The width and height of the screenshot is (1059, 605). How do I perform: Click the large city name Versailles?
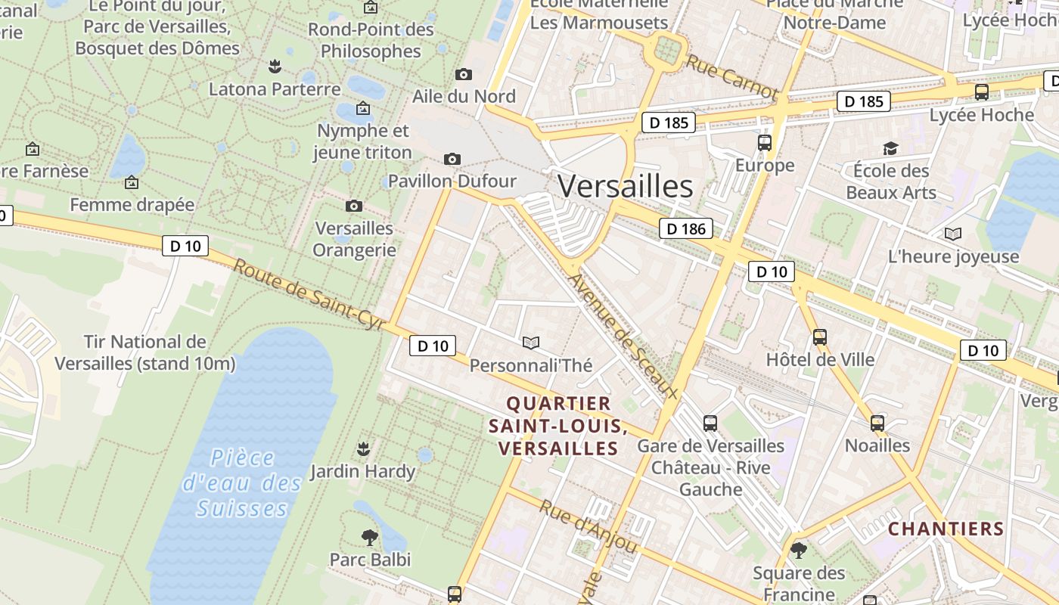click(x=625, y=186)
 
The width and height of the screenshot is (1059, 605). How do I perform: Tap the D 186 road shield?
click(x=686, y=228)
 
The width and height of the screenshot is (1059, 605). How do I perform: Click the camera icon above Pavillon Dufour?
click(x=452, y=159)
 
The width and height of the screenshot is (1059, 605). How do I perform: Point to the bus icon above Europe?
click(x=765, y=143)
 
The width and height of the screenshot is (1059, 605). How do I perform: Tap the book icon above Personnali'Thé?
click(x=531, y=343)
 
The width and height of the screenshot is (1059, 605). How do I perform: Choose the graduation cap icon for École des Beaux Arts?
click(x=890, y=148)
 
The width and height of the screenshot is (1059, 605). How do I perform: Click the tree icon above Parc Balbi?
click(x=370, y=538)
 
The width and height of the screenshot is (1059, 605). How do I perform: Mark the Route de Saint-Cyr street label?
click(x=309, y=295)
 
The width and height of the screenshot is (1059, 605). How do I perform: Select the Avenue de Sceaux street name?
click(x=622, y=335)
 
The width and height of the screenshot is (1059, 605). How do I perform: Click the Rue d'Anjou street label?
click(x=588, y=526)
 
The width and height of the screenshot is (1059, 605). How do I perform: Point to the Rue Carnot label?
click(x=731, y=76)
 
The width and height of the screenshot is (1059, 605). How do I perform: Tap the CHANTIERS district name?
click(x=946, y=529)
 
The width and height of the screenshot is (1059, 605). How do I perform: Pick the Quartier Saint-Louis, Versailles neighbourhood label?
click(x=557, y=426)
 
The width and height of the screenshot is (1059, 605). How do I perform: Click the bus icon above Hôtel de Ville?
click(x=820, y=337)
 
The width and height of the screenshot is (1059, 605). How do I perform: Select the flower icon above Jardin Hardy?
click(x=363, y=449)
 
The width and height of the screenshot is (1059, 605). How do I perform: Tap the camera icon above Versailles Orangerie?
click(x=353, y=206)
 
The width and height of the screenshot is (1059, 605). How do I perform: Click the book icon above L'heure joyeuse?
click(x=953, y=234)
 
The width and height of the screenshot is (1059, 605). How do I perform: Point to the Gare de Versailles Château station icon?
click(x=710, y=423)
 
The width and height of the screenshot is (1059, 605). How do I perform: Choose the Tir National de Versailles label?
click(x=144, y=352)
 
